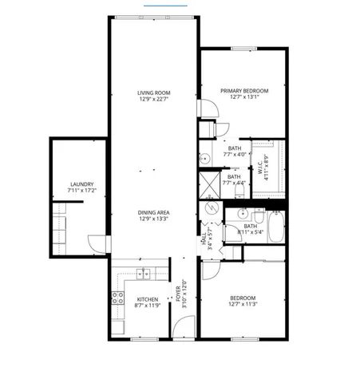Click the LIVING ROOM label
154,93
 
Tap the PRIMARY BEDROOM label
244,91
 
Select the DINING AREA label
154,212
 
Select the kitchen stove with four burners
117,298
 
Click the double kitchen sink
144,274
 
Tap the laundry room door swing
95,243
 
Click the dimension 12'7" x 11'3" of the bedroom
244,304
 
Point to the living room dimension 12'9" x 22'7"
154,100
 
